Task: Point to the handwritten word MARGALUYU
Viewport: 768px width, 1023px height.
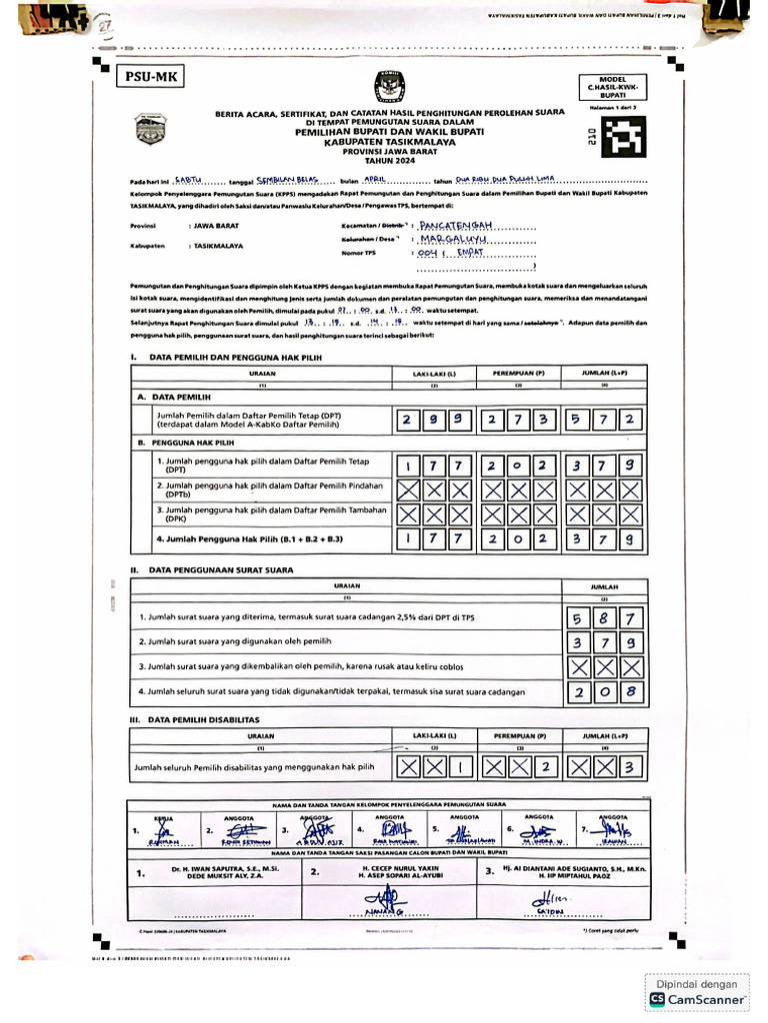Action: pyautogui.click(x=452, y=241)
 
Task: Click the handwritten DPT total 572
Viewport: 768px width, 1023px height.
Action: pyautogui.click(x=604, y=420)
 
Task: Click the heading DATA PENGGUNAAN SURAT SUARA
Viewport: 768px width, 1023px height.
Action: pyautogui.click(x=221, y=569)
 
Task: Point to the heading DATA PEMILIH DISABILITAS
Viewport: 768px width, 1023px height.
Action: pyautogui.click(x=205, y=719)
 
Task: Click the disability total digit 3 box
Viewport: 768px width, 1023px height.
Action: pyautogui.click(x=630, y=767)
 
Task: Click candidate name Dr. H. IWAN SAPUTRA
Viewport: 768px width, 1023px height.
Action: pyautogui.click(x=210, y=869)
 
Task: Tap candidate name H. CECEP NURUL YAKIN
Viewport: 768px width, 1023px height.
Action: pyautogui.click(x=401, y=869)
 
